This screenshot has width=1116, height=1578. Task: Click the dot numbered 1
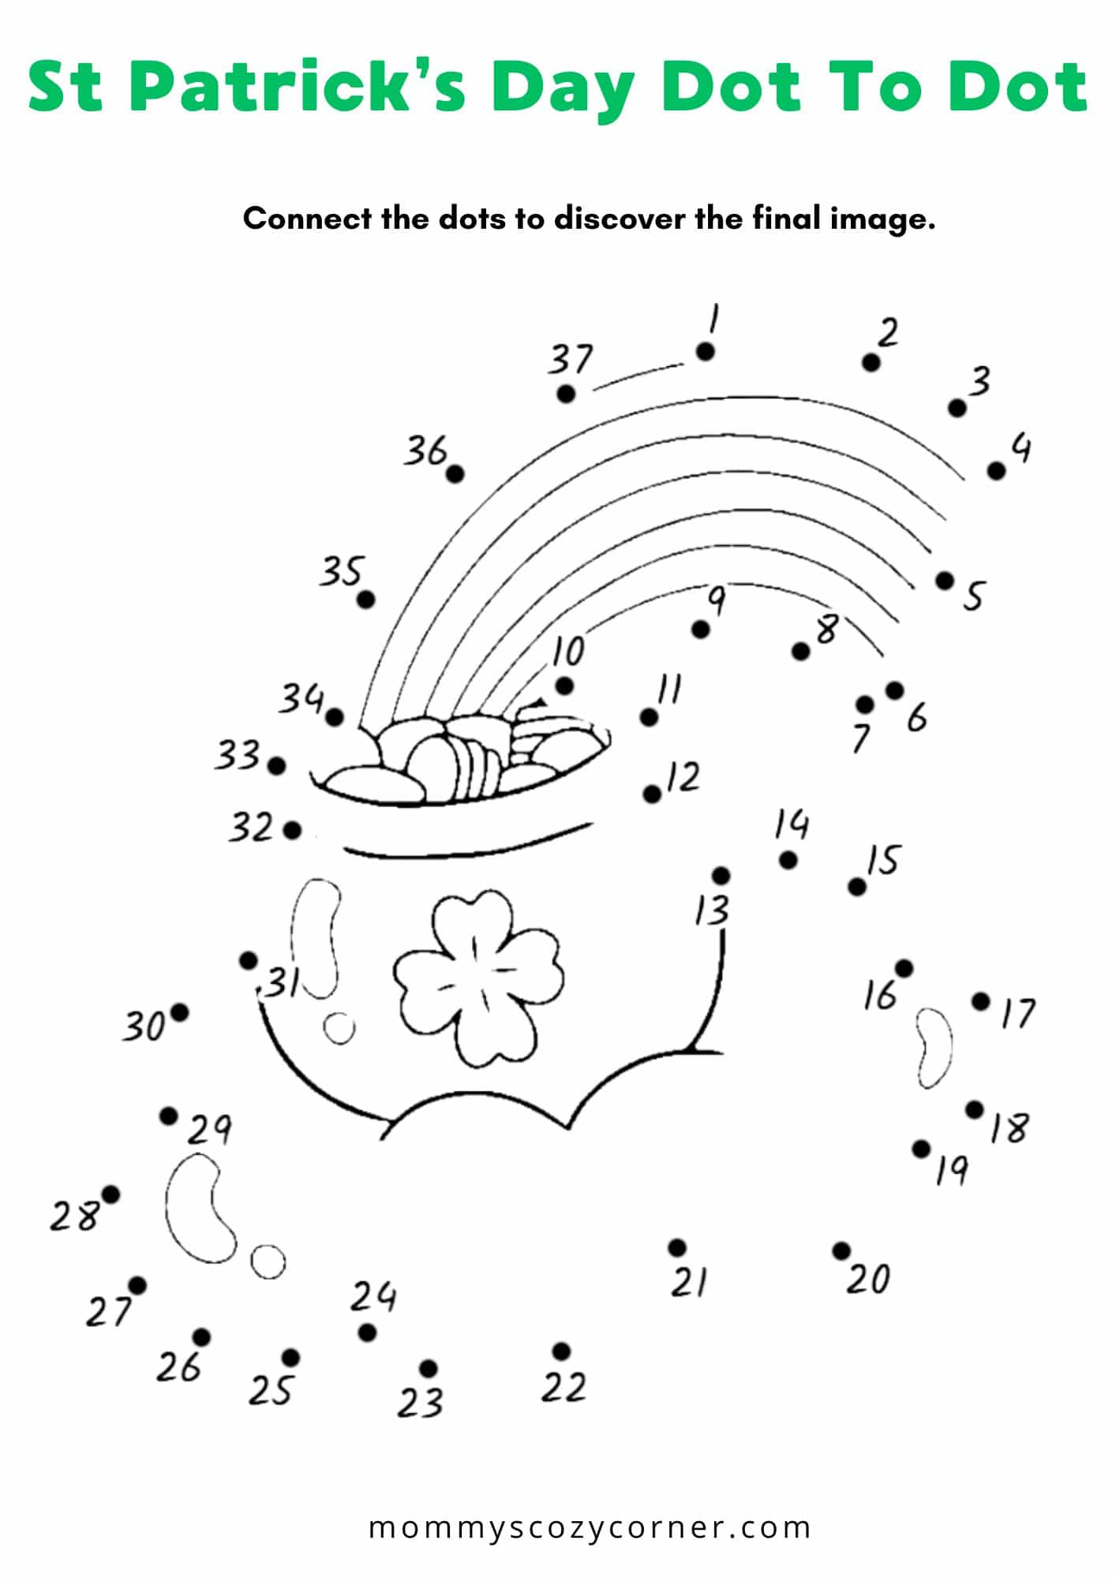pyautogui.click(x=705, y=352)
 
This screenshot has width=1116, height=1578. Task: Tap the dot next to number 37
pyautogui.click(x=566, y=393)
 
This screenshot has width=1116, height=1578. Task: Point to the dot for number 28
pyautogui.click(x=110, y=1195)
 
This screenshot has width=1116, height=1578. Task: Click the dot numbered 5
pyautogui.click(x=945, y=580)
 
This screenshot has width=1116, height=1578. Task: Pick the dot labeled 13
pyautogui.click(x=721, y=876)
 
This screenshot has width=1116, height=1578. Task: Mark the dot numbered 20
pyautogui.click(x=841, y=1251)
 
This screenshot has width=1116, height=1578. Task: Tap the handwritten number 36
pyautogui.click(x=426, y=451)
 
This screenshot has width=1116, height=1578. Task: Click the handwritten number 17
pyautogui.click(x=1018, y=1012)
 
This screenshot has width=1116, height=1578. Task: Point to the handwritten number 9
pyautogui.click(x=715, y=600)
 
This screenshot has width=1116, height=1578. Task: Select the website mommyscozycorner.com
pyautogui.click(x=590, y=1528)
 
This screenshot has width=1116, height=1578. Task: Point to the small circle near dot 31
pyautogui.click(x=339, y=1029)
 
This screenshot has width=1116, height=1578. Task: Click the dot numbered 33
pyautogui.click(x=276, y=765)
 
